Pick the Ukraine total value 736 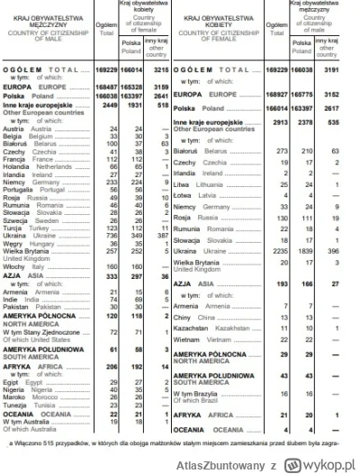112,233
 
